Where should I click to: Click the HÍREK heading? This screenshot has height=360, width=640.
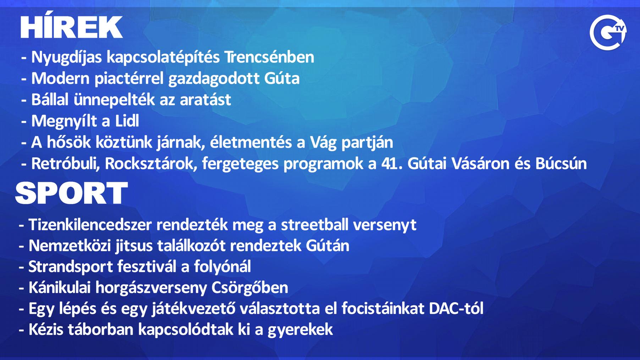[72, 27]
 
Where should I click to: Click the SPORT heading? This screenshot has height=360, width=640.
[71, 193]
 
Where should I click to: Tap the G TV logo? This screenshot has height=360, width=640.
[608, 32]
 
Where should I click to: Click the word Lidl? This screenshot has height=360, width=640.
[127, 121]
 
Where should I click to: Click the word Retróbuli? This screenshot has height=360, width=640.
[66, 164]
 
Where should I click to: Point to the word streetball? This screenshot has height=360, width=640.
[315, 225]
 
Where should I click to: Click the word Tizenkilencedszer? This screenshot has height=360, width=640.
[90, 225]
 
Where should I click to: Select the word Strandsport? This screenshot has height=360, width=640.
[71, 267]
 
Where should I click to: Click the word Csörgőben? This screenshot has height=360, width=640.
[250, 288]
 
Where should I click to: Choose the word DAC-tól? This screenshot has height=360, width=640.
[456, 309]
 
